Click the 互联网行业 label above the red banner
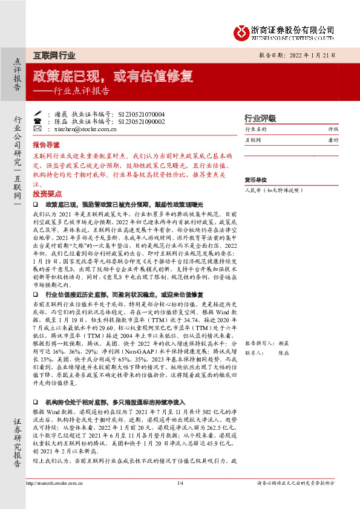[54, 56]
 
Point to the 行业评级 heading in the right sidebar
[260, 118]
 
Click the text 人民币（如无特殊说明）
[273, 190]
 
